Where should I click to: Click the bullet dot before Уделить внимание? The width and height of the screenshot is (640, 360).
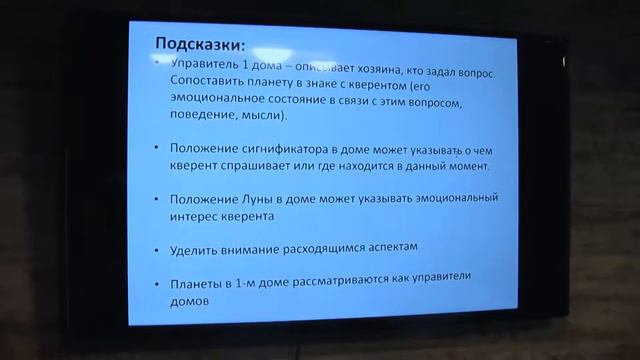(158, 247)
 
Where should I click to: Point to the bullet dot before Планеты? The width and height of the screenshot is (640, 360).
(158, 279)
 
